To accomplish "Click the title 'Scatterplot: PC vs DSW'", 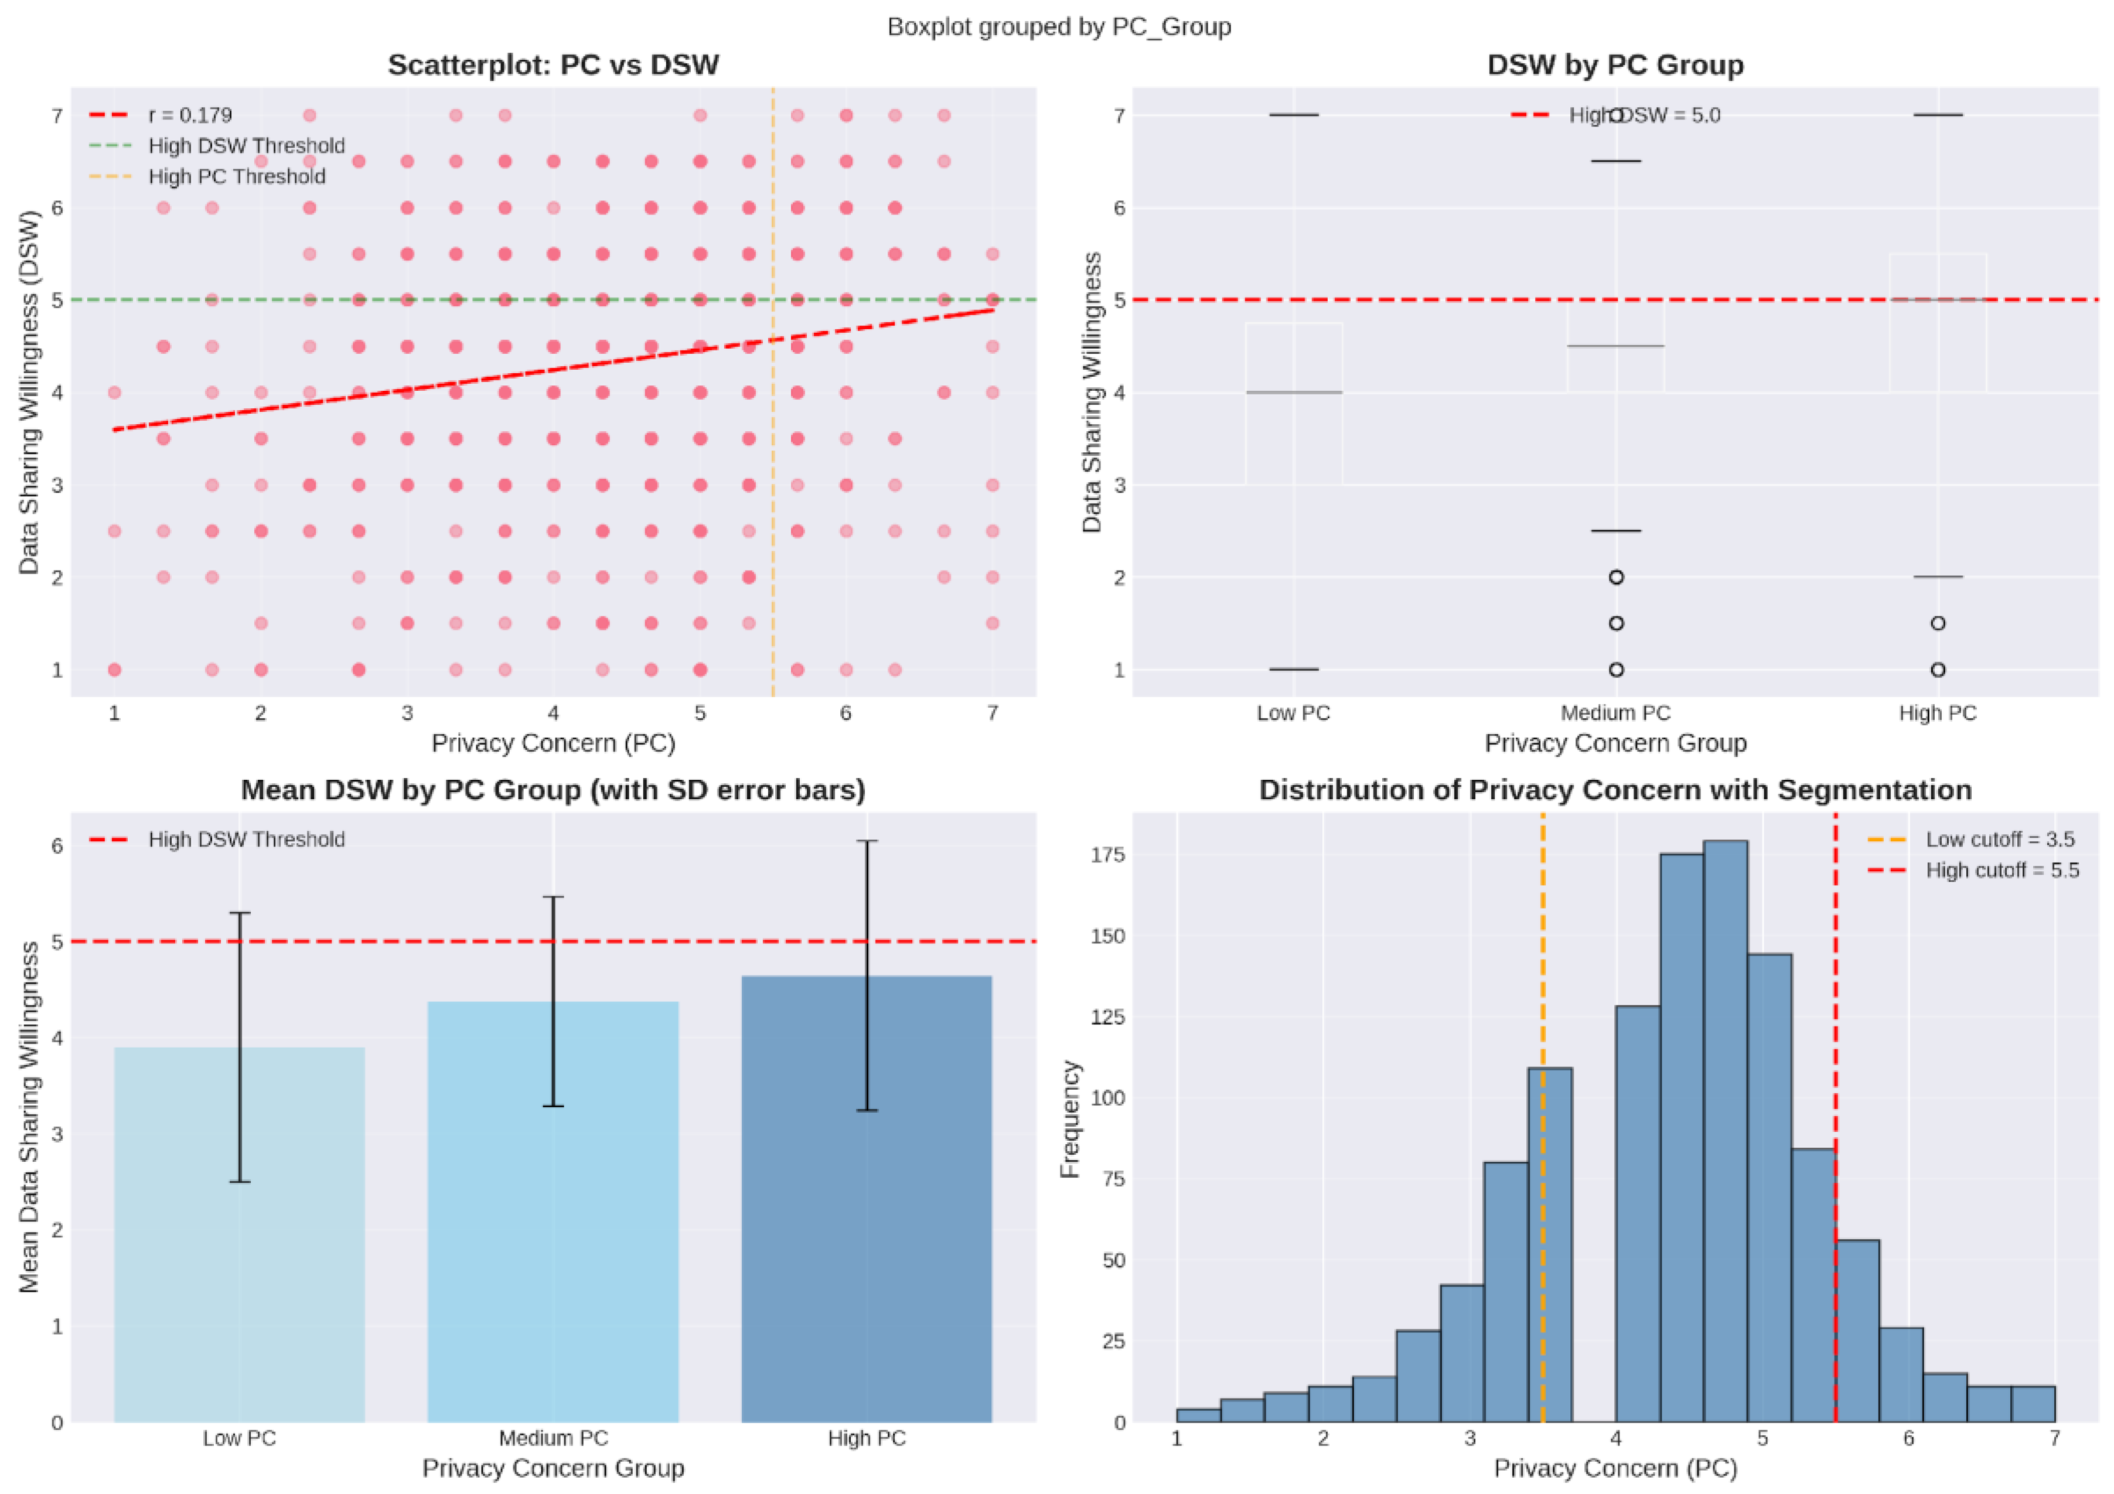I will (553, 66).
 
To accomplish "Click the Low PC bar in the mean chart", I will (240, 1233).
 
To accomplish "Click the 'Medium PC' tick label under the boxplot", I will (1615, 714).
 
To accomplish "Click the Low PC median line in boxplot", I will (1294, 393).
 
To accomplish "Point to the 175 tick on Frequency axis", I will (1107, 855).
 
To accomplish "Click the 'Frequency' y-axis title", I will (1069, 1118).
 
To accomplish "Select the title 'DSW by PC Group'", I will (1615, 66).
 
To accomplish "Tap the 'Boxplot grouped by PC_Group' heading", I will (1059, 27).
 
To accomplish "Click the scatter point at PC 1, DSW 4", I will (114, 393).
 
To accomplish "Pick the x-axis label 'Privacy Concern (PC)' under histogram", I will (1615, 1468).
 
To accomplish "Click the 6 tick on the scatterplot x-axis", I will (845, 714).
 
